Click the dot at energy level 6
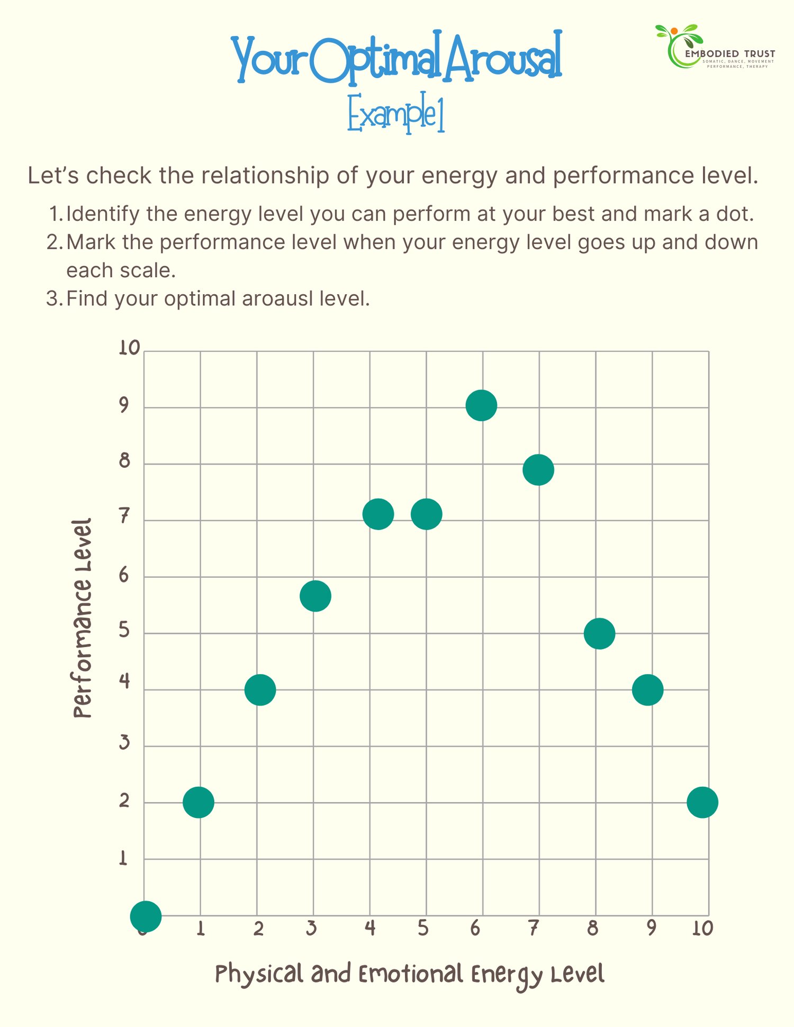point(481,405)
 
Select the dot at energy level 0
point(146,915)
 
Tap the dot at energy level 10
point(702,802)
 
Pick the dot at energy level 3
point(315,596)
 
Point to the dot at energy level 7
point(538,470)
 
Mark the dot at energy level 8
point(599,633)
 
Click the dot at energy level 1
point(198,802)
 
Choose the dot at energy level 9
point(647,690)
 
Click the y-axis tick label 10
point(129,348)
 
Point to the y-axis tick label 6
point(124,575)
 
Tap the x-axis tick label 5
point(422,928)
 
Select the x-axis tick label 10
point(702,928)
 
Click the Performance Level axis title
point(82,618)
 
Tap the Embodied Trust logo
point(715,47)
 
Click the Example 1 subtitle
point(396,112)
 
